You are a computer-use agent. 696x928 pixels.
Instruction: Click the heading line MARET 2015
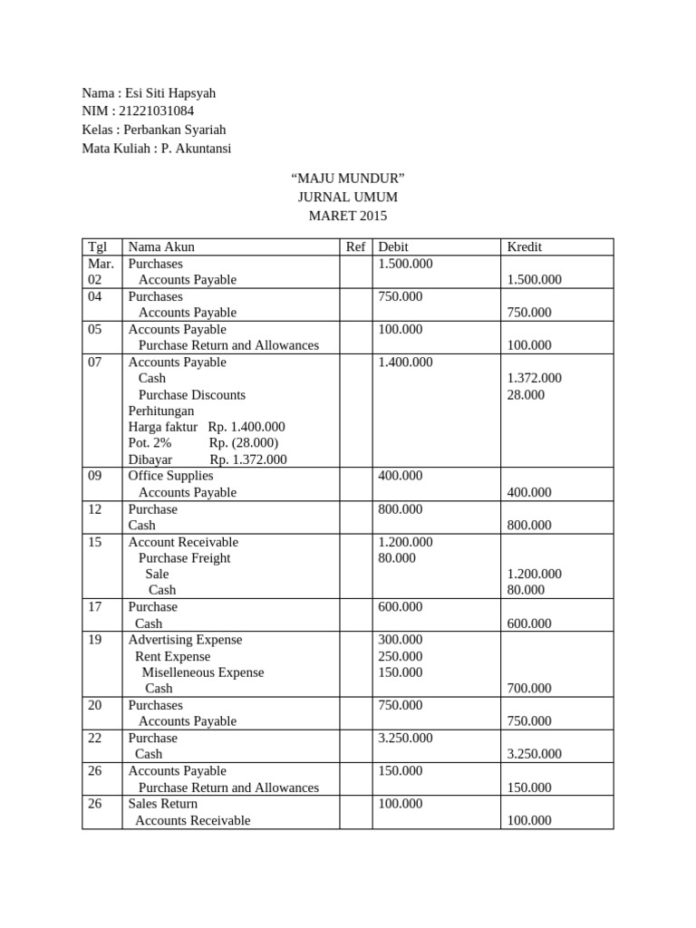click(x=347, y=216)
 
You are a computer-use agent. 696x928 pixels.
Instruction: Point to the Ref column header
click(x=355, y=246)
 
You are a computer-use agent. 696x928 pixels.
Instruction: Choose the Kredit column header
click(x=525, y=246)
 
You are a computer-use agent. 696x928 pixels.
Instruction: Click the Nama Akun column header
click(x=161, y=246)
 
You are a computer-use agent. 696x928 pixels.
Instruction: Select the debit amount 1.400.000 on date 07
click(x=405, y=362)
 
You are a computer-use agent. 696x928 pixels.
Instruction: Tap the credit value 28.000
click(x=527, y=395)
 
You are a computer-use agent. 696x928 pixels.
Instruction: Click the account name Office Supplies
click(x=170, y=476)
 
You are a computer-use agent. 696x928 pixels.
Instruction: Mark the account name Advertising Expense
click(x=185, y=640)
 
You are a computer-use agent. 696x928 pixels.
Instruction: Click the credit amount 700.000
click(x=529, y=689)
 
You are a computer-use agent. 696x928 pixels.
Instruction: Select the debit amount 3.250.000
click(x=405, y=739)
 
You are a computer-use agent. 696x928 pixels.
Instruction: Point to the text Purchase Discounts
click(x=191, y=395)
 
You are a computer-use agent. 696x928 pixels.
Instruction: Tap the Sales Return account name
click(x=162, y=804)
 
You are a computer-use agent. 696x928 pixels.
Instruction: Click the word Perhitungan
click(x=160, y=411)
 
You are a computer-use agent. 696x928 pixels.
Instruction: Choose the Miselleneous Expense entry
click(x=203, y=672)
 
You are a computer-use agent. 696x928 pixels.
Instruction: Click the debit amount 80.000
click(x=397, y=558)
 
